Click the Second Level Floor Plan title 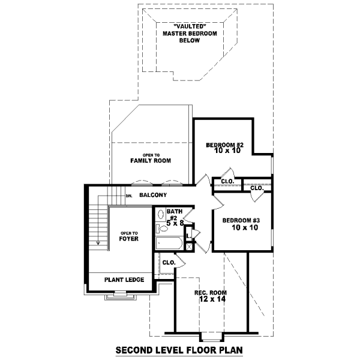[x=179, y=350]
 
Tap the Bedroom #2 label [x=224, y=145]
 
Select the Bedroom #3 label [x=241, y=220]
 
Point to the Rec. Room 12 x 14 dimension [x=212, y=299]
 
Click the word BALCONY [x=153, y=195]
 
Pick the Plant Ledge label [x=124, y=280]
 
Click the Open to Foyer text [x=129, y=236]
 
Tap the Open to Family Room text [x=151, y=158]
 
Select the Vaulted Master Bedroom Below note [x=190, y=33]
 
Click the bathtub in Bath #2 [x=169, y=243]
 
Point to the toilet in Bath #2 [x=162, y=229]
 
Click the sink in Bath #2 [x=161, y=215]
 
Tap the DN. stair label [x=129, y=196]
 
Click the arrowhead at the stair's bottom [x=98, y=242]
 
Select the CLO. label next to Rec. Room [x=169, y=262]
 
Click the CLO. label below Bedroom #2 [x=228, y=181]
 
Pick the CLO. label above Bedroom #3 [x=257, y=188]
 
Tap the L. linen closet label [x=189, y=236]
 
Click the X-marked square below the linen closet [x=189, y=247]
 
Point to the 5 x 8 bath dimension [x=175, y=223]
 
